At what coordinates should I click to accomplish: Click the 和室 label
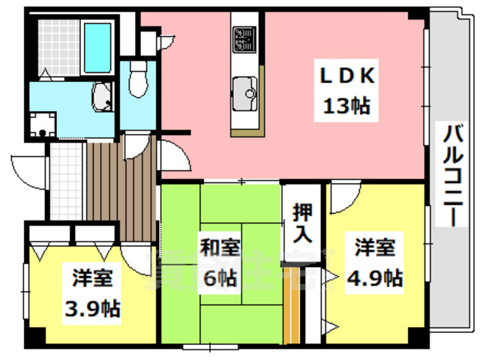pyautogui.click(x=219, y=247)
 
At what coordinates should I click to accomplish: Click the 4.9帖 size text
pyautogui.click(x=373, y=278)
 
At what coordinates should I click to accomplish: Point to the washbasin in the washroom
pyautogui.click(x=102, y=96)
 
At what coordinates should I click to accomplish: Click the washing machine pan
pyautogui.click(x=43, y=125)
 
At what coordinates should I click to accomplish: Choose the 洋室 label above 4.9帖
pyautogui.click(x=373, y=247)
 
